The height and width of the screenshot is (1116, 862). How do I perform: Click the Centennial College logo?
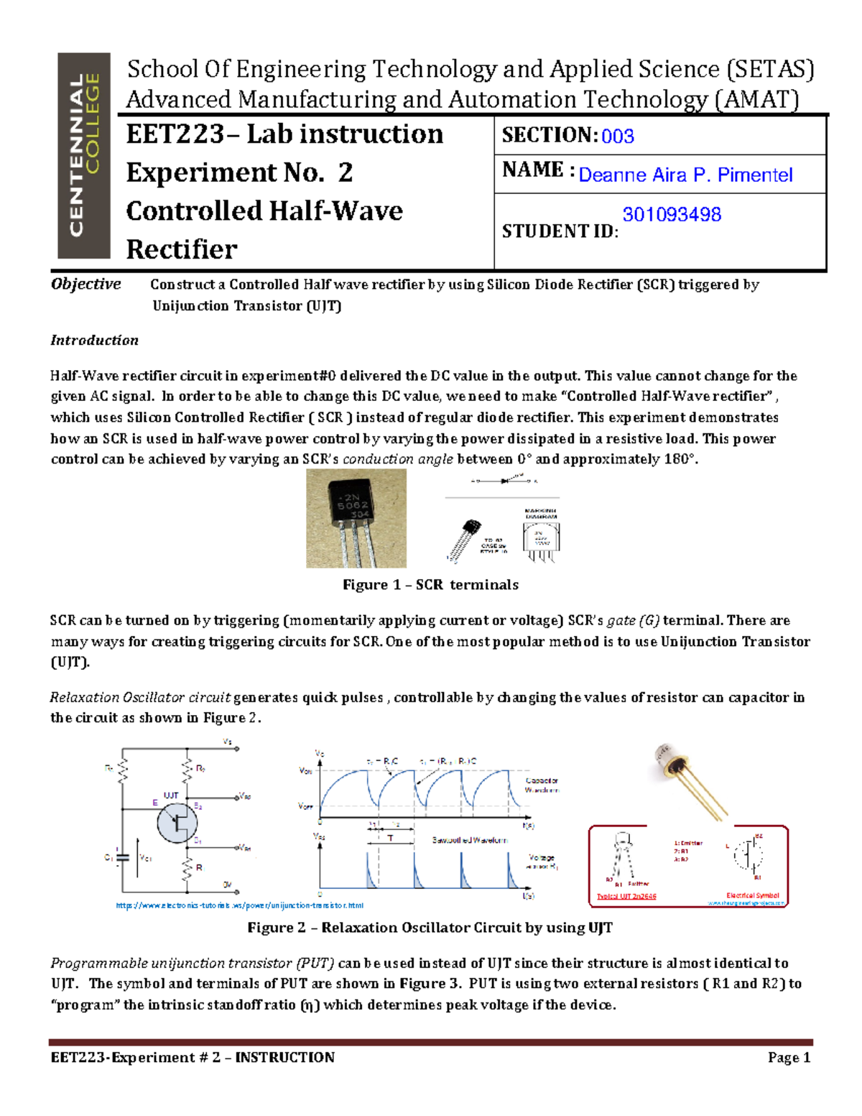click(x=84, y=155)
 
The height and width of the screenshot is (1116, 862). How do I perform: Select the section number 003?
click(x=617, y=137)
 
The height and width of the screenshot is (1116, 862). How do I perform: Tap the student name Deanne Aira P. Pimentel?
click(x=685, y=175)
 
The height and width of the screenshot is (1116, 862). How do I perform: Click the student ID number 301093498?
click(x=672, y=214)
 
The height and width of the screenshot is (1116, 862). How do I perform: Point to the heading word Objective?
click(x=85, y=284)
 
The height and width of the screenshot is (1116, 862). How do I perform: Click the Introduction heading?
click(x=94, y=341)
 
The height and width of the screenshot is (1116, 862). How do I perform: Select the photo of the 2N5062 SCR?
click(x=356, y=518)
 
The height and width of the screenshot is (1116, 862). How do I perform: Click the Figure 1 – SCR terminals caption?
click(x=430, y=585)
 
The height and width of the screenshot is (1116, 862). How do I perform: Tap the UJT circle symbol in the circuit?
click(x=177, y=823)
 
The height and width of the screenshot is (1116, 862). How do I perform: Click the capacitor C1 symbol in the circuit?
click(x=123, y=857)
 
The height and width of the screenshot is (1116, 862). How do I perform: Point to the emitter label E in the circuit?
click(x=154, y=802)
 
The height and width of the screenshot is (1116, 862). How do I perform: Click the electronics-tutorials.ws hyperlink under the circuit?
click(x=239, y=905)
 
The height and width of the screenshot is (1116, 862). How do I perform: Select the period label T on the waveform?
click(x=390, y=838)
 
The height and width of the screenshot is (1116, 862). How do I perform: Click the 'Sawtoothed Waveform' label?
click(x=469, y=839)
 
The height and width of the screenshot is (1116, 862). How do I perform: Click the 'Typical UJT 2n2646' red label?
click(x=626, y=896)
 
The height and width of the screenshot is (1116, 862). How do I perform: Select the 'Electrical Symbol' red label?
click(x=752, y=895)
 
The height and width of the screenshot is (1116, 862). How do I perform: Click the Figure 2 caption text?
click(x=430, y=928)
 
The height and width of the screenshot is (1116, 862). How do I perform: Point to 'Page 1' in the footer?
click(x=789, y=1057)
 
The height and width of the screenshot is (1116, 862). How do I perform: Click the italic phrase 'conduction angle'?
click(x=398, y=459)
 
